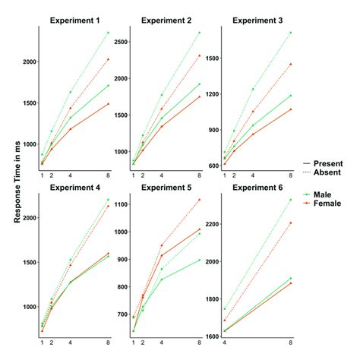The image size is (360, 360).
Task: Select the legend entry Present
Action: coord(329,163)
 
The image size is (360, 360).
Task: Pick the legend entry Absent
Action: coord(329,172)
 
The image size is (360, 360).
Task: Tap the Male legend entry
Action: coord(328,195)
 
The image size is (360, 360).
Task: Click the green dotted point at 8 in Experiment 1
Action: coord(109,33)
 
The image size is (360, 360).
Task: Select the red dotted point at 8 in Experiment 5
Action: coord(200,200)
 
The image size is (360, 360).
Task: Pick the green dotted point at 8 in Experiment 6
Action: coord(291,200)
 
